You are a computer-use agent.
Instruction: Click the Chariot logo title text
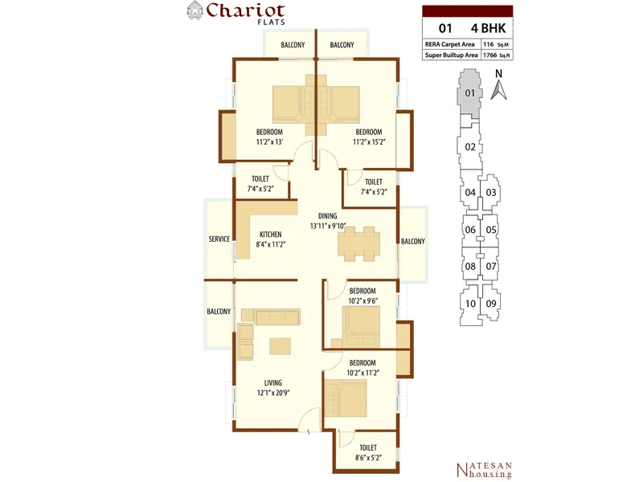pyautogui.click(x=246, y=10)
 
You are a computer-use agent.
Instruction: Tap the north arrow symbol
pyautogui.click(x=498, y=90)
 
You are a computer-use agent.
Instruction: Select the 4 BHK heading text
pyautogui.click(x=489, y=28)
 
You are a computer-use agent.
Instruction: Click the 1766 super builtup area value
pyautogui.click(x=490, y=55)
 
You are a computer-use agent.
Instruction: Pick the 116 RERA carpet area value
pyautogui.click(x=489, y=44)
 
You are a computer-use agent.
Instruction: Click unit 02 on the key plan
pyautogui.click(x=470, y=147)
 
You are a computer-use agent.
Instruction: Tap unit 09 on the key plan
pyautogui.click(x=491, y=304)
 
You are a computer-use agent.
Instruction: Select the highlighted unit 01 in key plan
pyautogui.click(x=469, y=93)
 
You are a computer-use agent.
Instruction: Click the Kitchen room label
pyautogui.click(x=271, y=235)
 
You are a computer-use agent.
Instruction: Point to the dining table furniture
pyautogui.click(x=358, y=244)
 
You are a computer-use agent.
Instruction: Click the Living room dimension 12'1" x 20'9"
pyautogui.click(x=273, y=393)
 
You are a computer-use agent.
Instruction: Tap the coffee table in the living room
pyautogui.click(x=280, y=346)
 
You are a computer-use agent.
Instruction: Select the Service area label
pyautogui.click(x=219, y=239)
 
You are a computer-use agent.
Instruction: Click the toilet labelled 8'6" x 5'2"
pyautogui.click(x=368, y=452)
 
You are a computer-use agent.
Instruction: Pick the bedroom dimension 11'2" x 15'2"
pyautogui.click(x=370, y=142)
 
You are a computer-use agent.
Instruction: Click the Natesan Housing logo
pyautogui.click(x=485, y=470)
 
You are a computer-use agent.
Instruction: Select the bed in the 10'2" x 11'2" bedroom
pyautogui.click(x=346, y=398)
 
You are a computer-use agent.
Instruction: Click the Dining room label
pyautogui.click(x=328, y=216)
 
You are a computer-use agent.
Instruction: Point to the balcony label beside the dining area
pyautogui.click(x=413, y=242)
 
